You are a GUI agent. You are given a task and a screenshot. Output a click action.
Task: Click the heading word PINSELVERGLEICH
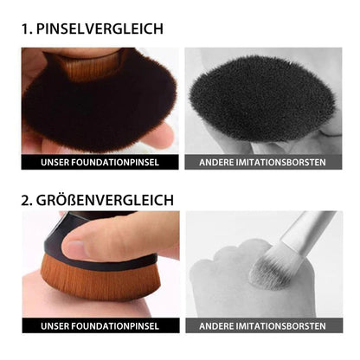click(x=100, y=29)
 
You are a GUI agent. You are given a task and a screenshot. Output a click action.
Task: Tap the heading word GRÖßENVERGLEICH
click(x=105, y=200)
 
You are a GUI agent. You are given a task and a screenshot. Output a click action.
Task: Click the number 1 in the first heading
click(x=26, y=29)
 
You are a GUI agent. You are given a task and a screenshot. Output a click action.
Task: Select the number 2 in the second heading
click(x=27, y=201)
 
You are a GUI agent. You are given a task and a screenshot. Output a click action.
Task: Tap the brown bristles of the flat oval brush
click(x=101, y=280)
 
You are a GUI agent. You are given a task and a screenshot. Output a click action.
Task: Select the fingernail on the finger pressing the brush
click(x=72, y=248)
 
